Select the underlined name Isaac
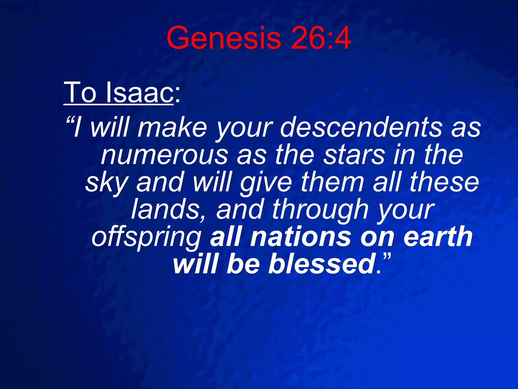pos(139,92)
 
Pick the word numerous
pos(164,155)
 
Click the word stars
pos(354,155)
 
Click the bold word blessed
pos(321,264)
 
